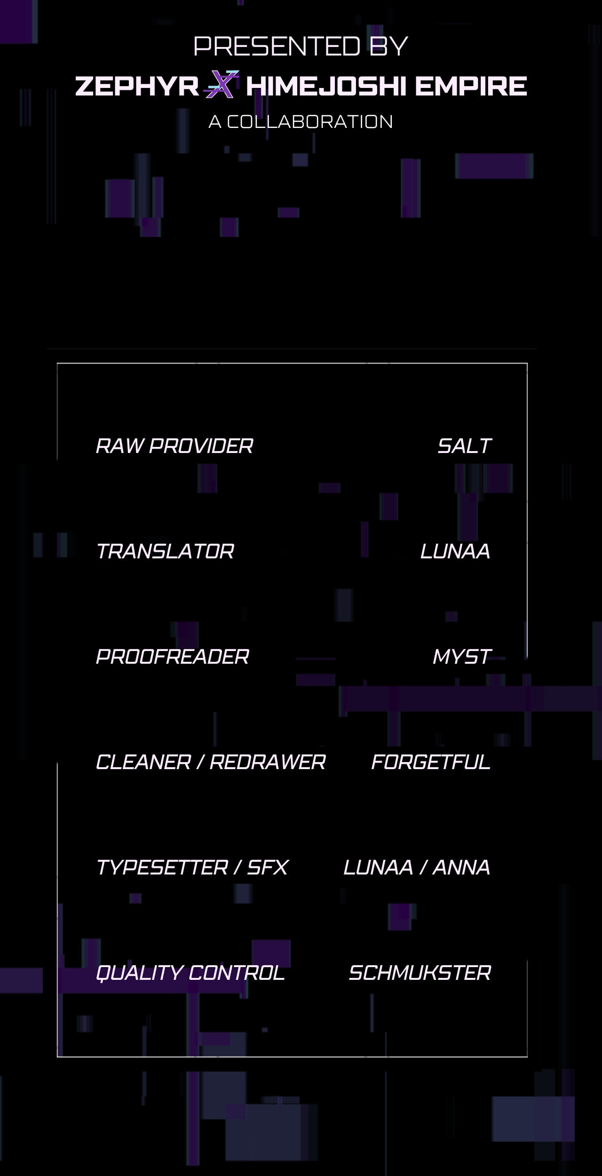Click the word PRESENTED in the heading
277,46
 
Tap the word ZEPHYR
137,87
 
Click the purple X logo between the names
222,84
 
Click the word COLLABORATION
310,122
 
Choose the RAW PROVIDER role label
174,446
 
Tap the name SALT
465,446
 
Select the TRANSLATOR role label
165,551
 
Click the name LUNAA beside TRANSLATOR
455,551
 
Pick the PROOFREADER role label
173,657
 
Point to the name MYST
462,657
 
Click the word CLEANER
143,762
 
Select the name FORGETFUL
431,762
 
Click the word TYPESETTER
162,867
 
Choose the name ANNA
461,867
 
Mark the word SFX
268,867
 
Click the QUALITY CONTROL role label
190,973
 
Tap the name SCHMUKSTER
420,973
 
